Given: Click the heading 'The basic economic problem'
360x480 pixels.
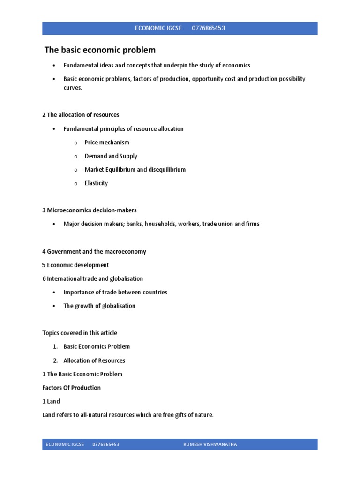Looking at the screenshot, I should click(x=100, y=50).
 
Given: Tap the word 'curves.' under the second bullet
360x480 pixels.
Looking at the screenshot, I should click(x=73, y=88).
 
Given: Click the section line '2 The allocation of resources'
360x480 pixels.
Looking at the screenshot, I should click(x=81, y=115).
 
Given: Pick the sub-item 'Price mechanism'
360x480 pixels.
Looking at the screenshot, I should click(x=107, y=142).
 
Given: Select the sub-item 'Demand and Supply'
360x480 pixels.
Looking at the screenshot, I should click(x=111, y=156).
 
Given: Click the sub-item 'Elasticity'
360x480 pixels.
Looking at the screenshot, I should click(x=96, y=183).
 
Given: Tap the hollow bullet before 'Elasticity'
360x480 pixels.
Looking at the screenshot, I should click(x=75, y=184).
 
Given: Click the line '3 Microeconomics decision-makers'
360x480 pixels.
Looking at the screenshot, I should click(x=90, y=210).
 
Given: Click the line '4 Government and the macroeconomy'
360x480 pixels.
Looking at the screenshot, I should click(x=94, y=252).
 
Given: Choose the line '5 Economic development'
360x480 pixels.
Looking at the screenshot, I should click(x=75, y=265).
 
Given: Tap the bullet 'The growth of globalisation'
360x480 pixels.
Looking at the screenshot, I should click(x=99, y=306).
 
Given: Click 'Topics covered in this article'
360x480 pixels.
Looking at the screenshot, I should click(x=80, y=333).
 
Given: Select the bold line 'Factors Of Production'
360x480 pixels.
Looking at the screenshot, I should click(x=71, y=388).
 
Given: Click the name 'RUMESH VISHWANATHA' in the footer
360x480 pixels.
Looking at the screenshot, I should click(x=210, y=444).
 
